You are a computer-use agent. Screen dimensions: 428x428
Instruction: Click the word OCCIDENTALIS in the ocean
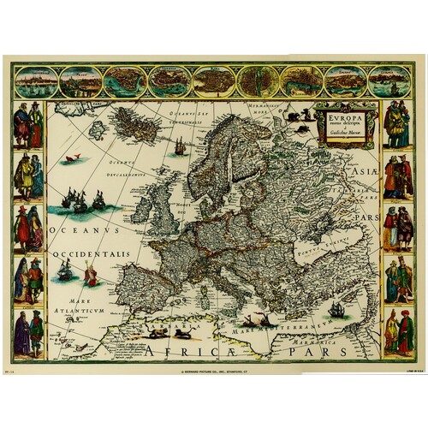(91, 254)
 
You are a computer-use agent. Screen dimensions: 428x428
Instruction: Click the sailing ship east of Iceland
(180, 146)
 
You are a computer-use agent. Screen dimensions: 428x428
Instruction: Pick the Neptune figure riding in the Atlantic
(90, 274)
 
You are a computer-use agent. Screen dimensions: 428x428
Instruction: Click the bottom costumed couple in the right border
(398, 332)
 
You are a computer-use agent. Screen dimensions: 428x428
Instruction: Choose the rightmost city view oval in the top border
(389, 81)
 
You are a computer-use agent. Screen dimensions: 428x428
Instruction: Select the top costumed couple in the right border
(397, 123)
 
